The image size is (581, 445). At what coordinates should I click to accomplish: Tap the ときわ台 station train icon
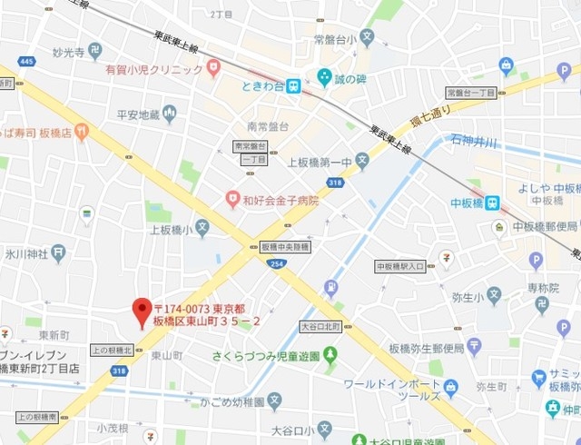293,86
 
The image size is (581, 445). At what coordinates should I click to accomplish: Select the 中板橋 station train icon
491,203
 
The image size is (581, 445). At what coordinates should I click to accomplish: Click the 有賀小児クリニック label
153,69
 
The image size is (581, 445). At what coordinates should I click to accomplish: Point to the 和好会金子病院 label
279,199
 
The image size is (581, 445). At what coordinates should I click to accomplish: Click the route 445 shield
27,62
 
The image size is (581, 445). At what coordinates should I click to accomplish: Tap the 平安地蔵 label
138,114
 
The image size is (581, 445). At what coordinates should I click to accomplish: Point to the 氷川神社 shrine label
25,253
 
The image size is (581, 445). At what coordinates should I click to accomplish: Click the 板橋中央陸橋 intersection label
285,247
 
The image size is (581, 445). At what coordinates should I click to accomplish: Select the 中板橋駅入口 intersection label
400,266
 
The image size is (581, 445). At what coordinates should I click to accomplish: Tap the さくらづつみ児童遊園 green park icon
330,355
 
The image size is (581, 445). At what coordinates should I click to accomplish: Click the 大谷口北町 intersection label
320,325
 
